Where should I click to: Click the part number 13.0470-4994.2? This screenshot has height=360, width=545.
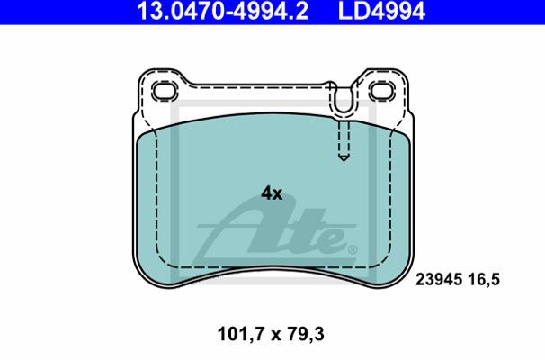(x=222, y=11)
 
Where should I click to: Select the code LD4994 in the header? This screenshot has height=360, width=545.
(x=381, y=11)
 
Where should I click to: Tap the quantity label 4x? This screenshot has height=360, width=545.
(x=272, y=193)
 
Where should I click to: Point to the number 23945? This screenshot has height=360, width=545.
(x=439, y=279)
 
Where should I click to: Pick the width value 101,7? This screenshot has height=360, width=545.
(x=240, y=334)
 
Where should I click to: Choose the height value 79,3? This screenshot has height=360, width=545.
(x=306, y=334)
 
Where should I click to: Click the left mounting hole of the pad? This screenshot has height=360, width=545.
(x=165, y=92)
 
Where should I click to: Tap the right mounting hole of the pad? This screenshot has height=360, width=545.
(x=382, y=91)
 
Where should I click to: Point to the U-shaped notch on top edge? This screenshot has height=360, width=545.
(x=344, y=104)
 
